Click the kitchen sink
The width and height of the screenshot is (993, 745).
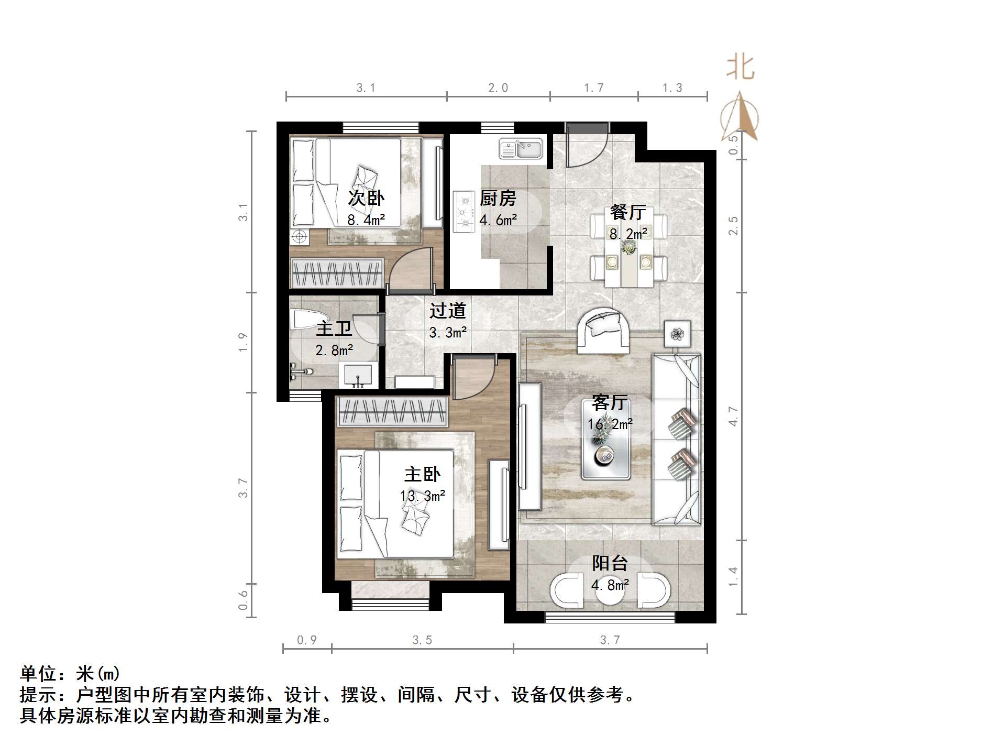[x=521, y=148]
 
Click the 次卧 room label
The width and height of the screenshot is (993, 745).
[x=366, y=198]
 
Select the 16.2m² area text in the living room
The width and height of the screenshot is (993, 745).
[x=610, y=424]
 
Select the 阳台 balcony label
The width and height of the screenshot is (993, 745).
[x=610, y=563]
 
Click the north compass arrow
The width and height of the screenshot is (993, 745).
[x=739, y=116]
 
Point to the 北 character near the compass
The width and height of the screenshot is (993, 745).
[x=740, y=68]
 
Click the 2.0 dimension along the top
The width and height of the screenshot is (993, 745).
[x=498, y=88]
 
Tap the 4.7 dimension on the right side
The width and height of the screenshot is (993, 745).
[x=733, y=416]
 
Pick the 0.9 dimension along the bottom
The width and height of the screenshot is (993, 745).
[x=307, y=640]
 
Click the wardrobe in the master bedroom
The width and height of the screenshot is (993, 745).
[x=392, y=412]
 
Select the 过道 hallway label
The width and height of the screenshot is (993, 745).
[x=447, y=311]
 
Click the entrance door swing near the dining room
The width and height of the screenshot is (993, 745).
[x=586, y=145]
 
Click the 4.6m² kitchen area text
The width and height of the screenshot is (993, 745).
[x=498, y=220]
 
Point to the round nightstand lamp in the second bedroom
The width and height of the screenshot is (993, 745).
[x=299, y=237]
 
